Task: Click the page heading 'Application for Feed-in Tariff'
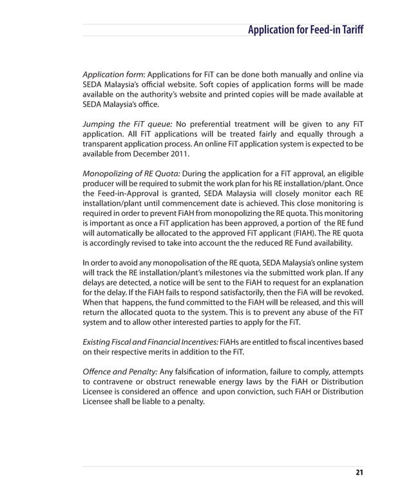point(305,30)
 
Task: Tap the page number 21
point(359,474)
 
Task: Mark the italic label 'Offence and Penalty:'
point(119,372)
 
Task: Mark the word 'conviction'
point(250,392)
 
